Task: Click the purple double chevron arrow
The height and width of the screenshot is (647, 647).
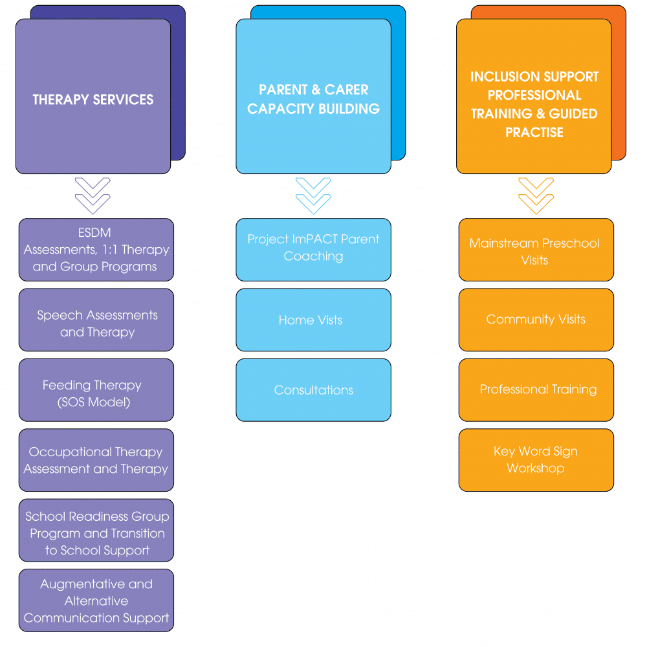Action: click(93, 195)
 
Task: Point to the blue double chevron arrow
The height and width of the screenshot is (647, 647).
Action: click(313, 195)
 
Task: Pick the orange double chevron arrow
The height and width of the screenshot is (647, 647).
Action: click(536, 195)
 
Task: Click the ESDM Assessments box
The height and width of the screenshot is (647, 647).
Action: click(96, 250)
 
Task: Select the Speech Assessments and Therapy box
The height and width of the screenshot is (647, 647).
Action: click(96, 323)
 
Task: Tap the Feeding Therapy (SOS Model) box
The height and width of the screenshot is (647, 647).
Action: click(96, 393)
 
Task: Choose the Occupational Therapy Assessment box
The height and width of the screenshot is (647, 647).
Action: click(96, 460)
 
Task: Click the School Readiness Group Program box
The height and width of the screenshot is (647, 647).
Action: click(96, 533)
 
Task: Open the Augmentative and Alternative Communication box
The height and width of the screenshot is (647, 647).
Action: click(96, 600)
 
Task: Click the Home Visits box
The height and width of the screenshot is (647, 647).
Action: click(313, 320)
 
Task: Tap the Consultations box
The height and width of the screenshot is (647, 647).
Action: click(313, 390)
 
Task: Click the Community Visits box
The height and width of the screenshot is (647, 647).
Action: click(536, 320)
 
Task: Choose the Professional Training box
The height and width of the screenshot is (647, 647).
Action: click(536, 389)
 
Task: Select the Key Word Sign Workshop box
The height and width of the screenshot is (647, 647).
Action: click(536, 459)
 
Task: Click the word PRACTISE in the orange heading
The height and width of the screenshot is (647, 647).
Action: click(534, 133)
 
